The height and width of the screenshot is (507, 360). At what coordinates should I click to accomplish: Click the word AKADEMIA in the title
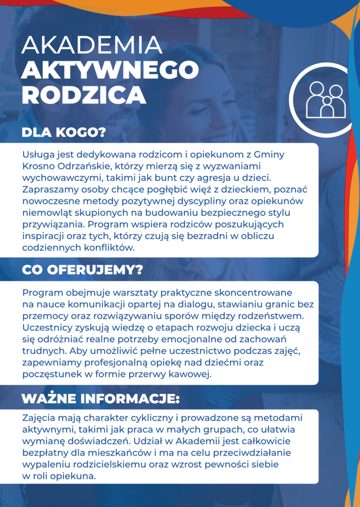92,46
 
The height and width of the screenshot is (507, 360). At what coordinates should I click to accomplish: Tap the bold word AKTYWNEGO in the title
110,70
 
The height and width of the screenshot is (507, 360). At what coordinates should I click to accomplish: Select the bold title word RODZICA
84,95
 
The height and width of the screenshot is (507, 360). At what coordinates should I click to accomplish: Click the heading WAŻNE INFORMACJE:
101,399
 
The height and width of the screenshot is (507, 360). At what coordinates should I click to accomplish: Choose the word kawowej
194,375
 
